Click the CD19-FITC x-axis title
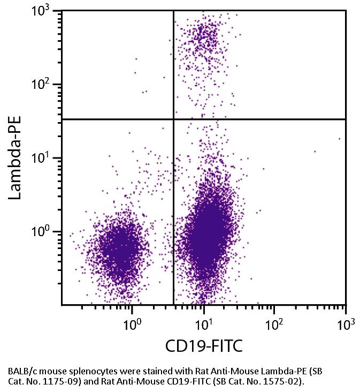coord(203,346)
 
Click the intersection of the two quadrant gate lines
coord(174,119)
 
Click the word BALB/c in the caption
coord(21,371)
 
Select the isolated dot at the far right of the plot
coord(339,138)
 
